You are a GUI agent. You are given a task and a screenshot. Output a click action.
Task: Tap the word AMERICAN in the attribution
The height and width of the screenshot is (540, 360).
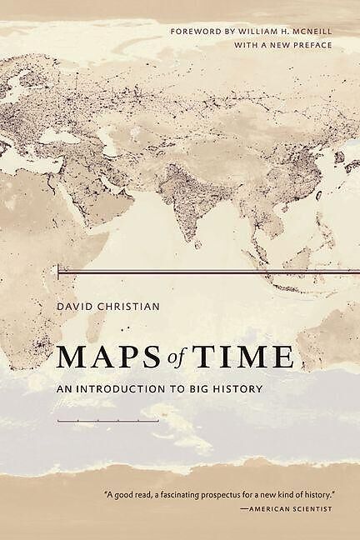[x=270, y=507]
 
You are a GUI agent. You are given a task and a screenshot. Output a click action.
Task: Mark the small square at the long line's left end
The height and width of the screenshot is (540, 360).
[x=57, y=271]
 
